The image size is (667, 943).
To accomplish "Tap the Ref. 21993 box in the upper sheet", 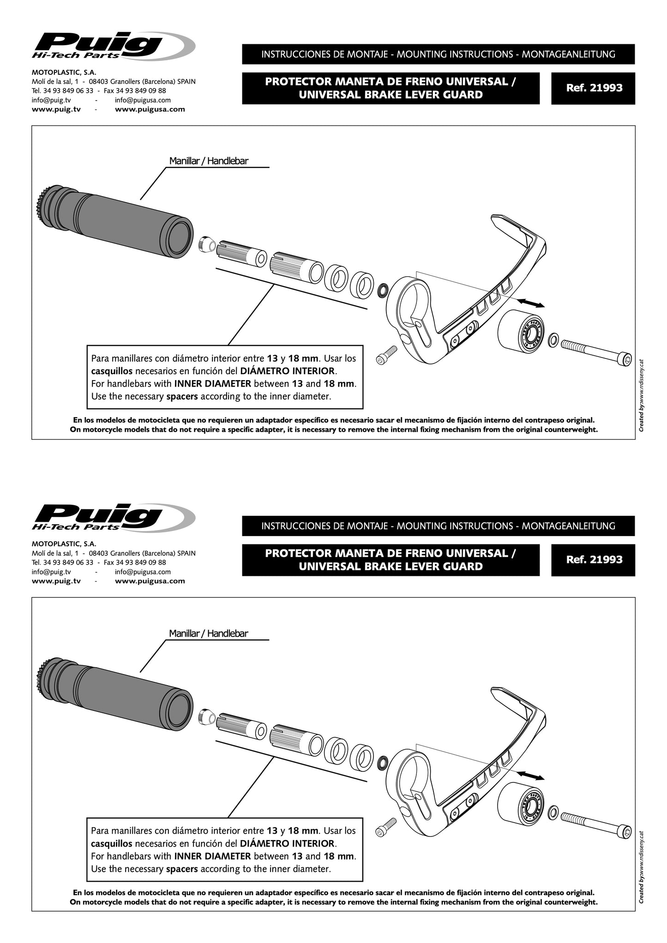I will [593, 88].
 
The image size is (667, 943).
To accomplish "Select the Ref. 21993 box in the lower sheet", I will [593, 560].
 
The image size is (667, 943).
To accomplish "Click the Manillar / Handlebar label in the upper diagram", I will [209, 161].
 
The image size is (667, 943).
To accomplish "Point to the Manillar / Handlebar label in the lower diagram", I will [209, 633].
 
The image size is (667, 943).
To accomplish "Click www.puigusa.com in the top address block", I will [150, 109].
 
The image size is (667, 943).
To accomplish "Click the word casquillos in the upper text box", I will [112, 371].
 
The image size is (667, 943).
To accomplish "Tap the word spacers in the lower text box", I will [182, 869].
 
